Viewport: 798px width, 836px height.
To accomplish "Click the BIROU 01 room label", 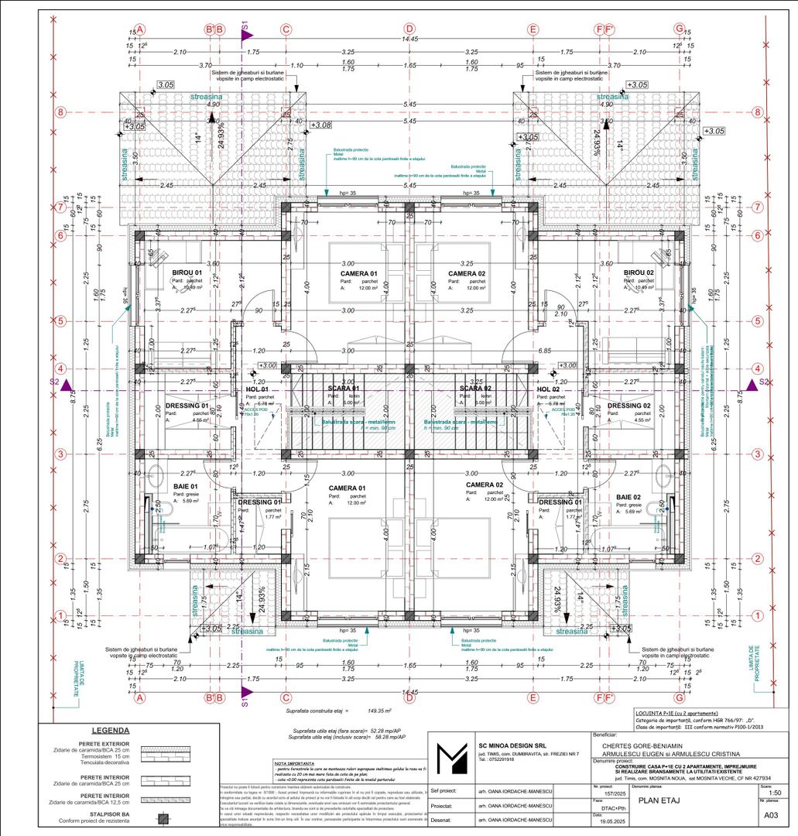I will [185, 272].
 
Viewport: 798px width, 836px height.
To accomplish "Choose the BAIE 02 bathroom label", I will [628, 497].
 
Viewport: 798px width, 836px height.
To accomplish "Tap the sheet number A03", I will [770, 815].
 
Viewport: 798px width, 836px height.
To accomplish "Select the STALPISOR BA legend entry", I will [97, 814].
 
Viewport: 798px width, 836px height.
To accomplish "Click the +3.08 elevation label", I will [320, 124].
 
